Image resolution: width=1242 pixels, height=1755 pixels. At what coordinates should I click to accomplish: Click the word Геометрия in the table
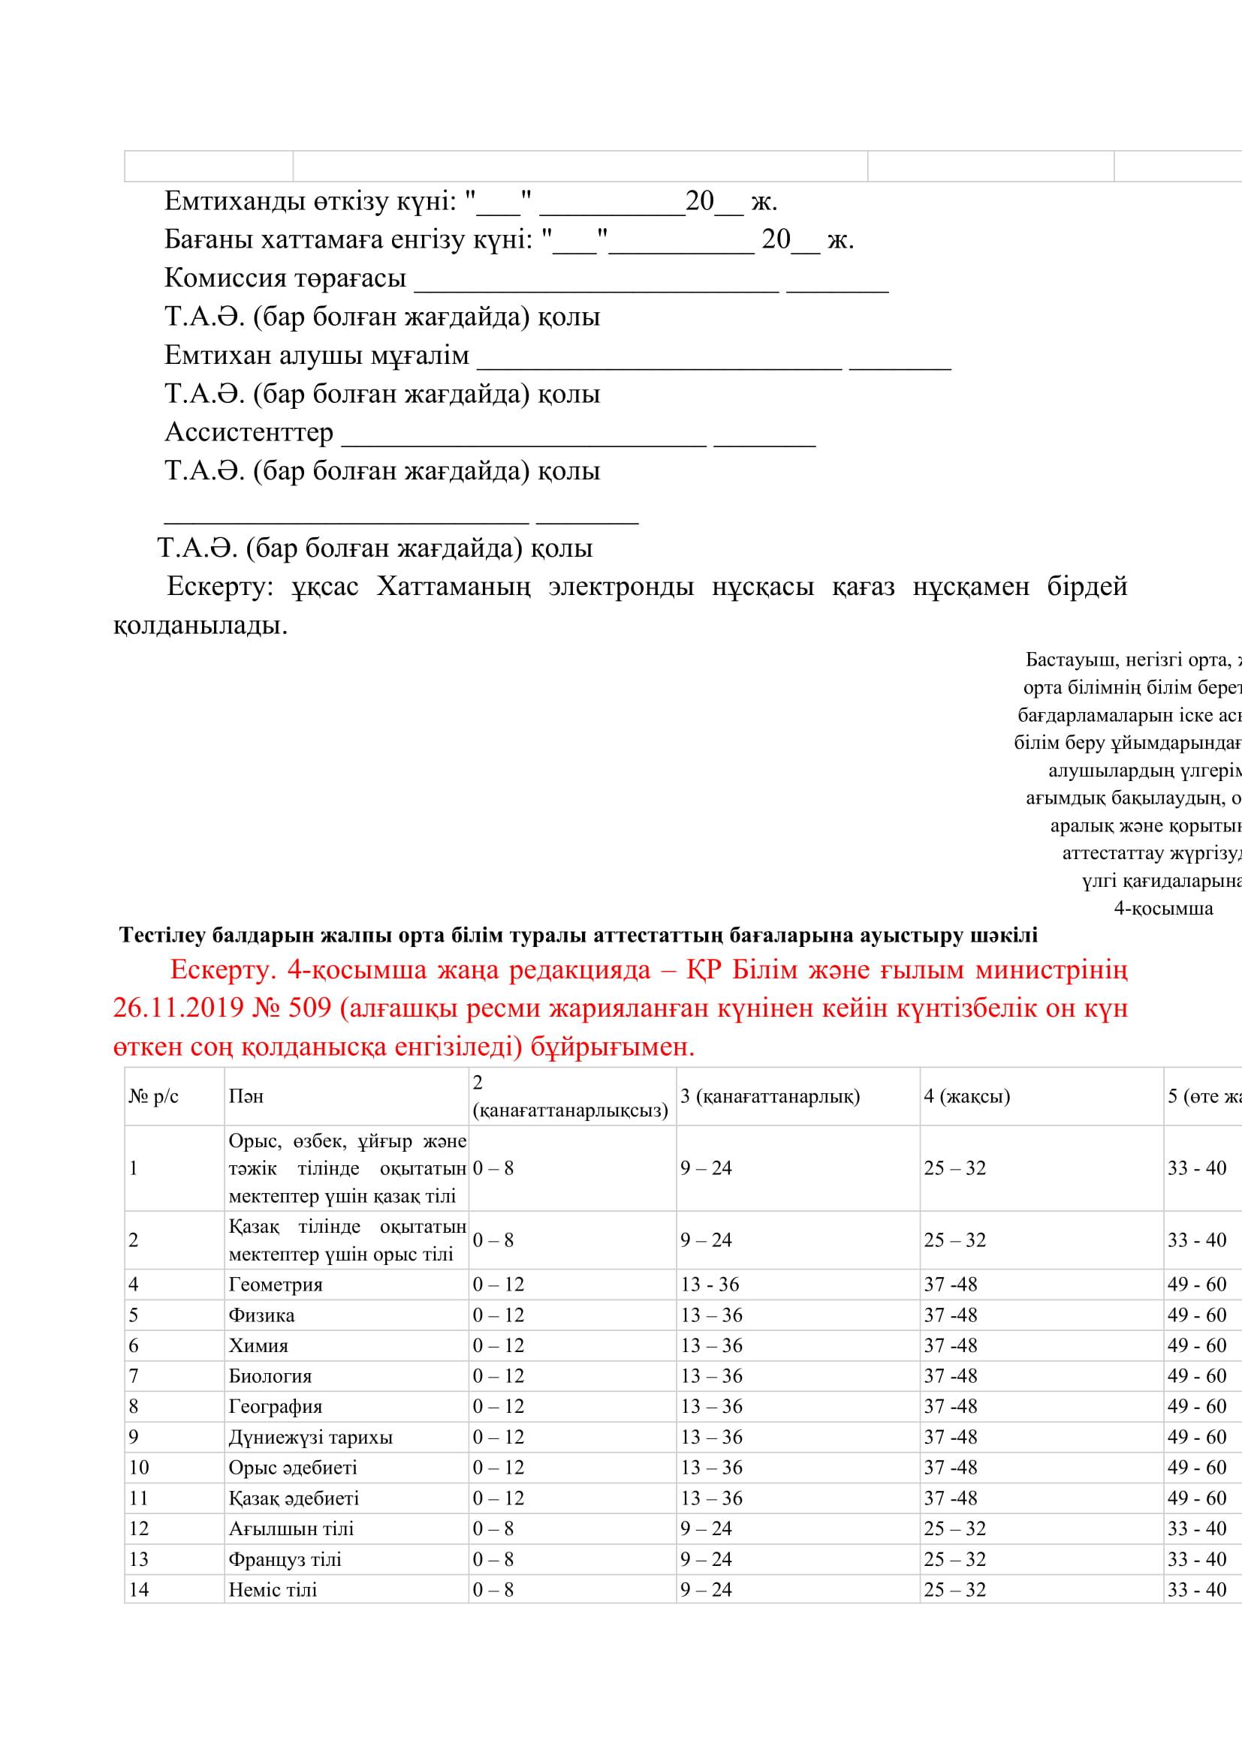click(276, 1285)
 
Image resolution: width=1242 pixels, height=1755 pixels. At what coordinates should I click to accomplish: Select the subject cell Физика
click(261, 1315)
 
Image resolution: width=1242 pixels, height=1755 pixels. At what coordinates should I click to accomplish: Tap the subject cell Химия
click(258, 1346)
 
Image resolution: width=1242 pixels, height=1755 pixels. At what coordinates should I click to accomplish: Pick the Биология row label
click(270, 1377)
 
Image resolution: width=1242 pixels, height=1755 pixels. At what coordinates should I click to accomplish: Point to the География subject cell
click(276, 1407)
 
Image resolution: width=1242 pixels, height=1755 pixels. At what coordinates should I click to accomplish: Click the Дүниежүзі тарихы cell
click(311, 1438)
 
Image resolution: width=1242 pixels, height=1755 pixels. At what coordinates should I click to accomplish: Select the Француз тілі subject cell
click(285, 1560)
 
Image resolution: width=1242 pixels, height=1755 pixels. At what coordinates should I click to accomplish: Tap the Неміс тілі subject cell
click(273, 1591)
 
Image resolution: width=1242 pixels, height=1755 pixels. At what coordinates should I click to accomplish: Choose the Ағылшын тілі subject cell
click(291, 1529)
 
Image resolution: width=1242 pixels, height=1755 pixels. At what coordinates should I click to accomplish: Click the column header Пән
click(246, 1097)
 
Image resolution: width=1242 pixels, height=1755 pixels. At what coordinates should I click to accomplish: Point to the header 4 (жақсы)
click(966, 1097)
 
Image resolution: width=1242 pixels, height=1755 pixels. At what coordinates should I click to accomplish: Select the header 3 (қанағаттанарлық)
click(770, 1097)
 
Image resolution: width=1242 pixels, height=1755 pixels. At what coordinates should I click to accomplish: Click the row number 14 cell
click(139, 1591)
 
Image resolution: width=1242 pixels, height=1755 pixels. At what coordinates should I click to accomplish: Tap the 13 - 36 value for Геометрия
click(710, 1285)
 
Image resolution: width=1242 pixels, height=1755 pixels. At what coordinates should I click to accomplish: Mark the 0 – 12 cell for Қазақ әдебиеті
click(498, 1499)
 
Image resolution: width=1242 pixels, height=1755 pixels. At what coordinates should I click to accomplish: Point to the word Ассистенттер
click(249, 433)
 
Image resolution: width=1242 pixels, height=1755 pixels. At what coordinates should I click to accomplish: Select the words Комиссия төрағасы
click(285, 279)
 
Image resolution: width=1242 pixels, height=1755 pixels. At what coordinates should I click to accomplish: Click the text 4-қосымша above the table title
click(1163, 909)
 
